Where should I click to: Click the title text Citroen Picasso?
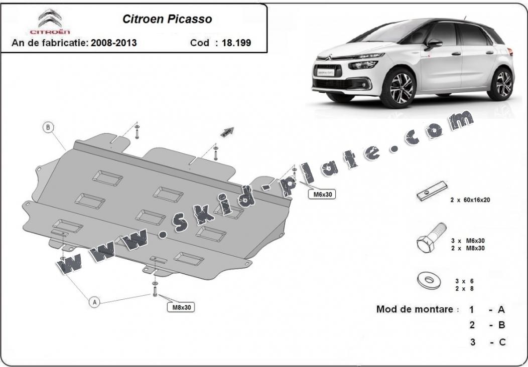click(168, 20)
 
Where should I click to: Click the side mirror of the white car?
click(432, 44)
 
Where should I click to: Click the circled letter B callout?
click(48, 127)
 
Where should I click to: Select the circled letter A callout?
click(94, 302)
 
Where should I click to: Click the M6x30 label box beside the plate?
click(321, 194)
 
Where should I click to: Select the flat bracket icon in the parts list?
click(431, 191)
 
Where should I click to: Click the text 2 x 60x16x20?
click(470, 200)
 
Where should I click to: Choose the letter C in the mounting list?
click(501, 342)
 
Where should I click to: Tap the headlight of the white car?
click(367, 64)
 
